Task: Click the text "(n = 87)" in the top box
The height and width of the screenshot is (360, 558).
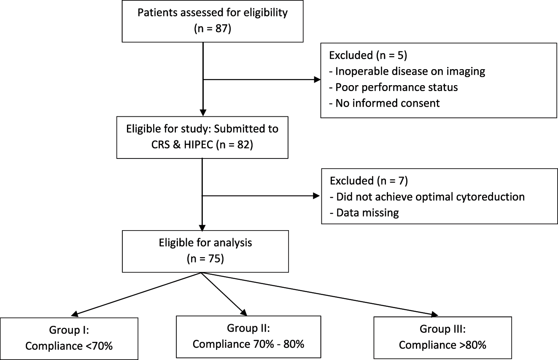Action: point(213,30)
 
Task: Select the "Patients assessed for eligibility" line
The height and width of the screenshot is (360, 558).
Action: point(213,12)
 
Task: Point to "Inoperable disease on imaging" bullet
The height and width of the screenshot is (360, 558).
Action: point(407,72)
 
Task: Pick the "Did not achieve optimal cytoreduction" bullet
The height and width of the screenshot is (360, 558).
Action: point(427,196)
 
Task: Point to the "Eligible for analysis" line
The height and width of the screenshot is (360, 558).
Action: point(205,243)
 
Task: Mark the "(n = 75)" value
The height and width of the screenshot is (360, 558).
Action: point(205,259)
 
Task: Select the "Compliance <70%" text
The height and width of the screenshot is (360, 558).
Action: point(69,346)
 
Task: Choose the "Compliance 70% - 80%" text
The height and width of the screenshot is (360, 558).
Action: point(248,344)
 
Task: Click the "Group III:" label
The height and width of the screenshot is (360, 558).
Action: point(442,329)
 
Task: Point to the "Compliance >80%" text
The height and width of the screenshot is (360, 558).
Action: point(442,345)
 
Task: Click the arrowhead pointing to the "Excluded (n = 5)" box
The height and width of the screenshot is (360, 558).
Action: point(317,79)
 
